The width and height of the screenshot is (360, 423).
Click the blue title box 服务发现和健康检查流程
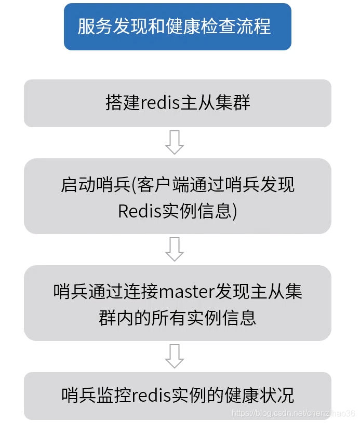click(177, 26)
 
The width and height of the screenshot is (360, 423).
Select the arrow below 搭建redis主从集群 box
click(175, 142)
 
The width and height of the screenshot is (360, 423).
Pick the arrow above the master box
click(175, 249)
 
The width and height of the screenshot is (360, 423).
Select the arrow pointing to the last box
click(175, 356)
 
